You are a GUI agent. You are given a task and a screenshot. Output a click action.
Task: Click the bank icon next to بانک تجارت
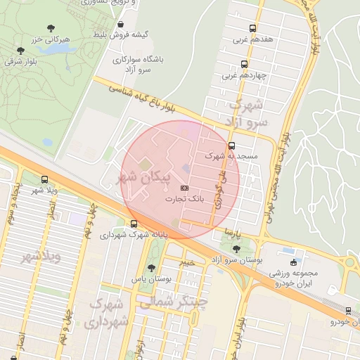[x=185, y=188]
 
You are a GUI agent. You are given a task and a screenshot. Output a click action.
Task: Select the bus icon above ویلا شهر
[x=44, y=180]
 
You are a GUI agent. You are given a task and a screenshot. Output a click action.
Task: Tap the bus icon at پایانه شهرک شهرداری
[x=134, y=224]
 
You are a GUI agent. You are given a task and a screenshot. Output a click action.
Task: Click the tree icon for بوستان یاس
[x=150, y=268]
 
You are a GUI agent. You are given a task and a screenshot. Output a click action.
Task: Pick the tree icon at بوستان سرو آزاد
[x=236, y=248]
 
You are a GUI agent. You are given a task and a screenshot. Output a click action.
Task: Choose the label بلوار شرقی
[x=20, y=62]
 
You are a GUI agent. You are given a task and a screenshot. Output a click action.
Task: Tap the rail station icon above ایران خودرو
[x=349, y=310]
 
